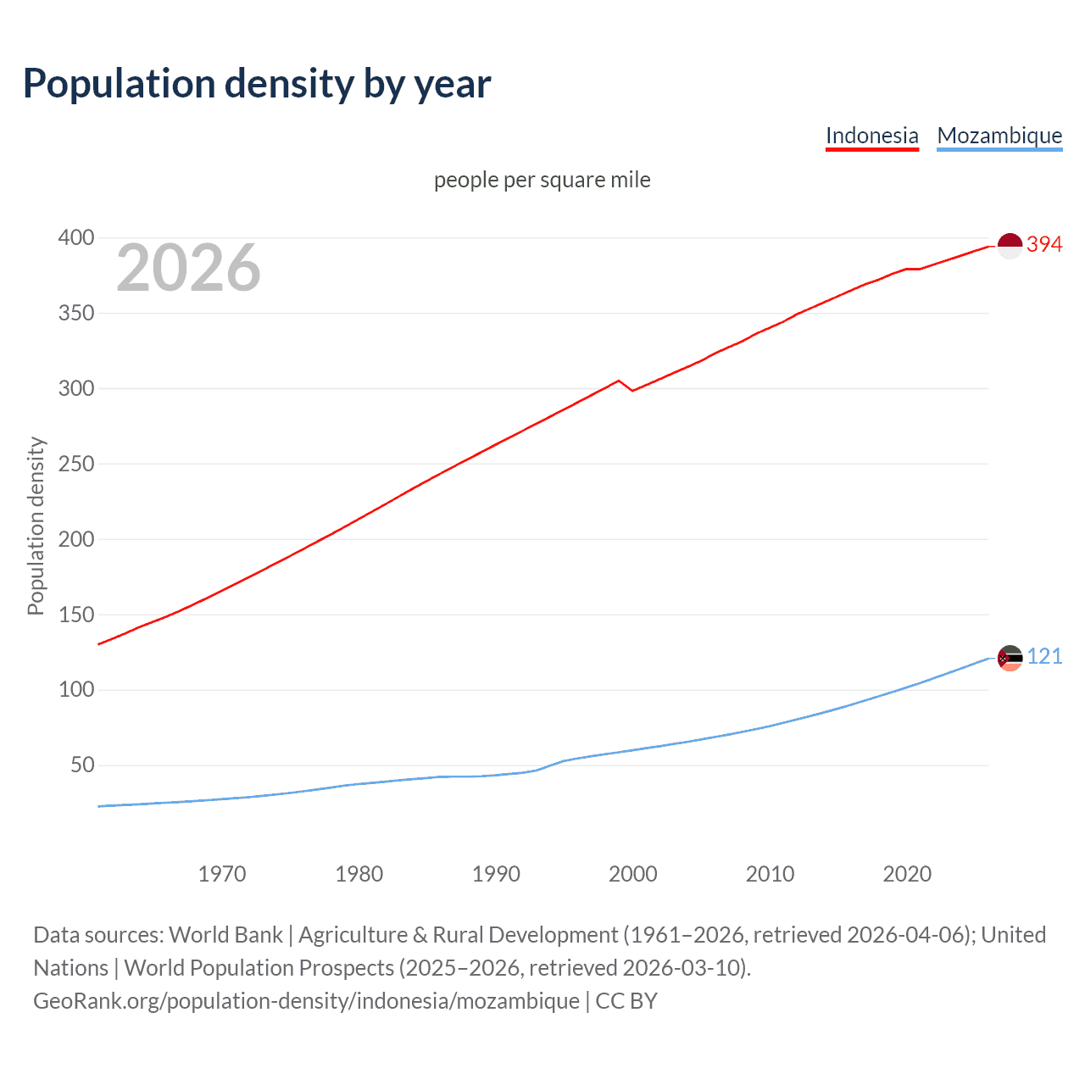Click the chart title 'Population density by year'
tap(257, 84)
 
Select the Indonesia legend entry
tap(871, 136)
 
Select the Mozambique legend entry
tap(999, 136)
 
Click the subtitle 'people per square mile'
tap(542, 180)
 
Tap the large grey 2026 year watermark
tap(188, 268)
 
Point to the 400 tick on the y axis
tap(75, 237)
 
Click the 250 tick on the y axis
tap(75, 464)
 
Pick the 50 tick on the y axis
tap(82, 765)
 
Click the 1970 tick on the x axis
tap(222, 874)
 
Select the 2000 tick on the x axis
tap(632, 874)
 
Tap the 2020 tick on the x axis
tap(907, 874)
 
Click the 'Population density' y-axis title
tap(36, 526)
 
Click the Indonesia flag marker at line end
tap(1010, 246)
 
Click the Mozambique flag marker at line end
tap(1010, 658)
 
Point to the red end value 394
tap(1044, 244)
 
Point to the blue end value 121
tap(1044, 656)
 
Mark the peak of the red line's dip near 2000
tap(619, 381)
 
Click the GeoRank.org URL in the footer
tap(306, 1000)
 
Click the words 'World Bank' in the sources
tap(225, 934)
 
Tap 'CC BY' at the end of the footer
tap(626, 1000)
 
